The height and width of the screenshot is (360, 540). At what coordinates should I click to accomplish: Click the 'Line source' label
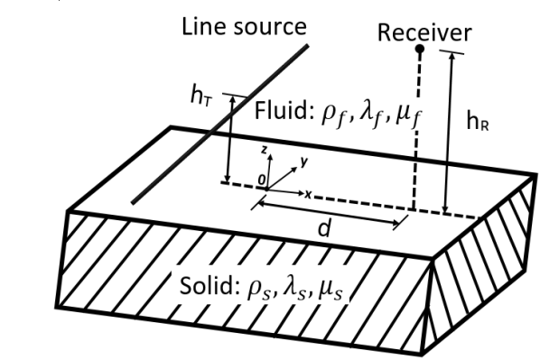(241, 27)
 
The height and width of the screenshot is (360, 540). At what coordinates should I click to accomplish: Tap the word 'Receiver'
(424, 33)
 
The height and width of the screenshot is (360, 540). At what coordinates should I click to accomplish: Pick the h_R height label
(479, 124)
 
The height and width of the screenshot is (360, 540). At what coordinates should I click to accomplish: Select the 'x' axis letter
(310, 193)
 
